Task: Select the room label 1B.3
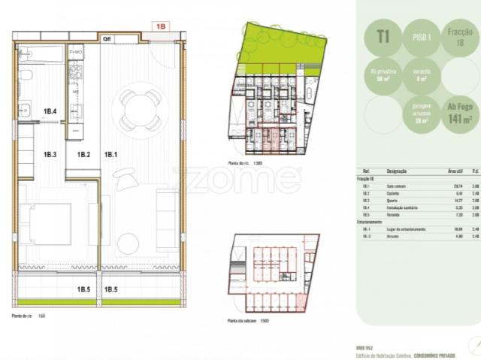[x=50, y=155]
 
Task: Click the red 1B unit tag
[x=160, y=26]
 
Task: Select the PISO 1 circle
[x=421, y=37]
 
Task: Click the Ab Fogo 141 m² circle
[x=458, y=115]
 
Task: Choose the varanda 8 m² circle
[x=421, y=76]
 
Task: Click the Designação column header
[x=398, y=171]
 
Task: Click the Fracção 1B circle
[x=459, y=37]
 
